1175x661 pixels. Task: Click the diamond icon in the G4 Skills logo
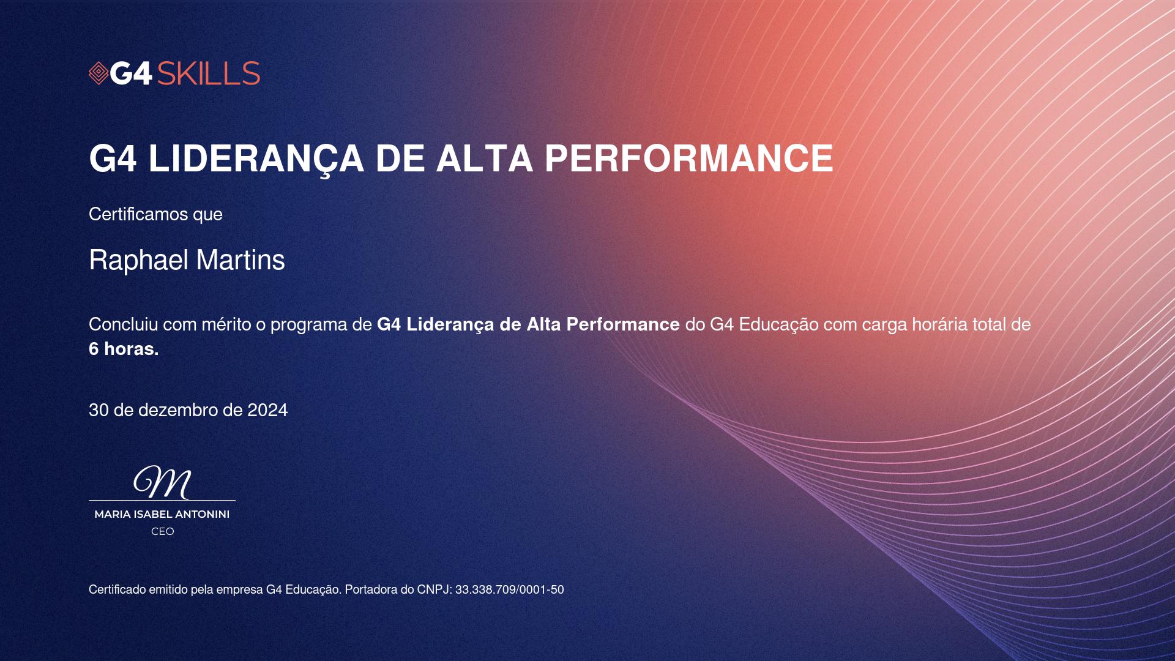[x=99, y=73]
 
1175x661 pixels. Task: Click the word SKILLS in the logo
[x=209, y=73]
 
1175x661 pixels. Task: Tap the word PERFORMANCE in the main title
[x=688, y=159]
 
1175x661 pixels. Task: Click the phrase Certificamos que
[x=155, y=214]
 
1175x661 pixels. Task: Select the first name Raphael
[x=138, y=260]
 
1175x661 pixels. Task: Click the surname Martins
[x=241, y=260]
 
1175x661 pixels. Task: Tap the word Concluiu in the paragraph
[x=124, y=324]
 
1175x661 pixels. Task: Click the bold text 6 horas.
[x=124, y=349]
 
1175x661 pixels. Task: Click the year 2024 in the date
[x=267, y=410]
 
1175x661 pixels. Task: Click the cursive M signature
[x=162, y=482]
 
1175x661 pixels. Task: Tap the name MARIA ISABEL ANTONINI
[x=162, y=514]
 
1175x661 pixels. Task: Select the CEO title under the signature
[x=163, y=531]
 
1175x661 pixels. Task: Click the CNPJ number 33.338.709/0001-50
[x=510, y=589]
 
